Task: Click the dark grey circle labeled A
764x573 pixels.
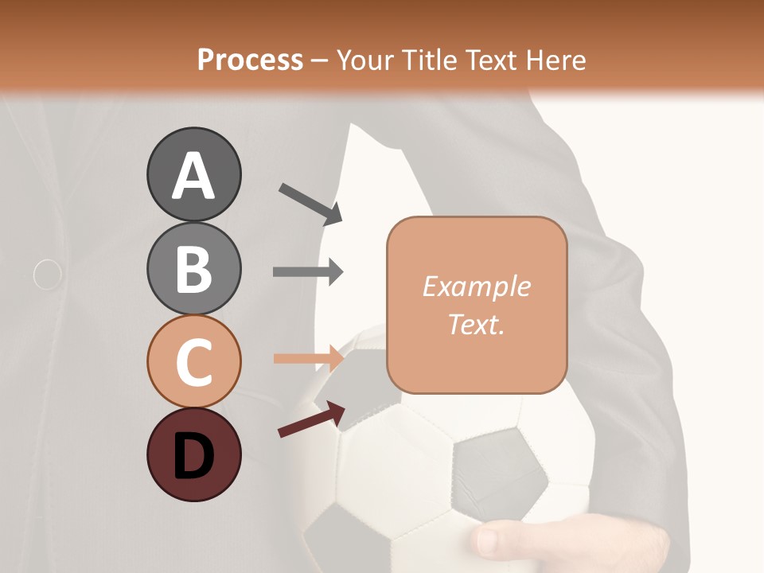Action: pyautogui.click(x=193, y=174)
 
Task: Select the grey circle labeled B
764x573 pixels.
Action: pyautogui.click(x=193, y=268)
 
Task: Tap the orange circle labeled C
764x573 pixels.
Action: pyautogui.click(x=193, y=361)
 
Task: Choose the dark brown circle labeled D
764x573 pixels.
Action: pyautogui.click(x=193, y=454)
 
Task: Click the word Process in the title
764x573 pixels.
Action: pyautogui.click(x=250, y=60)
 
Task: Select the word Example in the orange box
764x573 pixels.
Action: pyautogui.click(x=476, y=286)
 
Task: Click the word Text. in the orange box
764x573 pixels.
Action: pyautogui.click(x=476, y=324)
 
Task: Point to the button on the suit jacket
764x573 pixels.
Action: pyautogui.click(x=48, y=274)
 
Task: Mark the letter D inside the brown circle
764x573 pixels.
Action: pyautogui.click(x=193, y=456)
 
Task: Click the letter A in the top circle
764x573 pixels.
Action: pyautogui.click(x=193, y=176)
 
